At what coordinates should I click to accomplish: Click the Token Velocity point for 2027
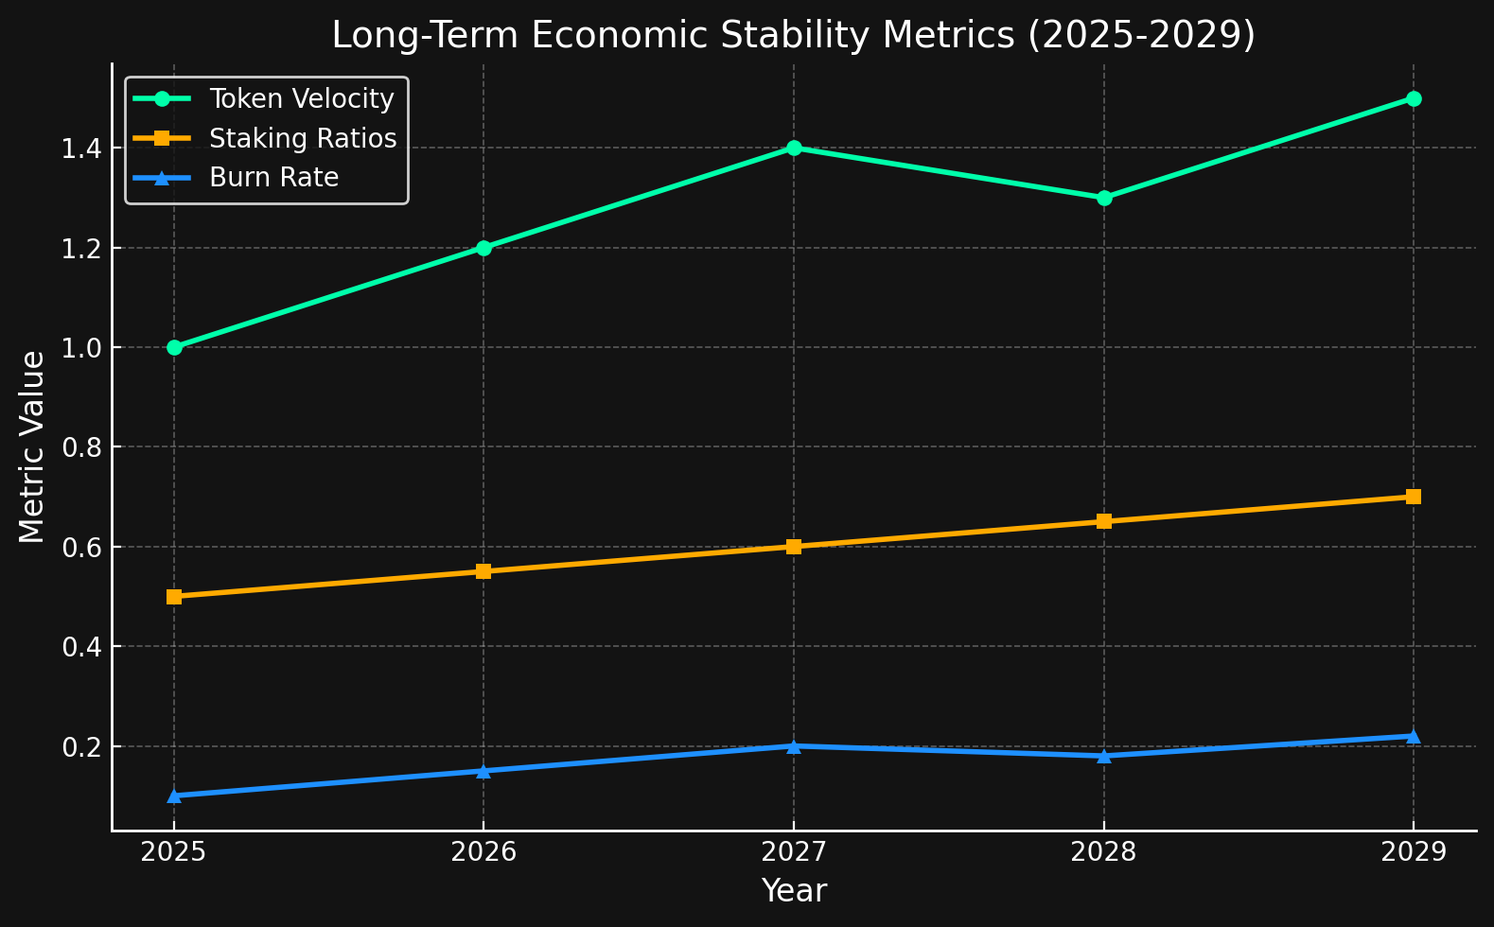(794, 148)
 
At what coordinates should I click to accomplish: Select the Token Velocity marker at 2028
(1104, 198)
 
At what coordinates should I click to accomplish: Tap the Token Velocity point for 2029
(1414, 98)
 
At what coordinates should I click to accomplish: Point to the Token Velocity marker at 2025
(174, 347)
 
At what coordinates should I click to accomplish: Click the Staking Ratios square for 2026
(483, 571)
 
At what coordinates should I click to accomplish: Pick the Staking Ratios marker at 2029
(1414, 497)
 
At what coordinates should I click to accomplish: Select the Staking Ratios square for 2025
(174, 597)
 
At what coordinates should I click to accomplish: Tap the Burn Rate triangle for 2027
(794, 745)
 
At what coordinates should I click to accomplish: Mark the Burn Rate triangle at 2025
(174, 796)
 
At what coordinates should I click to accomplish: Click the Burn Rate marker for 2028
(1104, 755)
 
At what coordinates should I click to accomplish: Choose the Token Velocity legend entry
(301, 99)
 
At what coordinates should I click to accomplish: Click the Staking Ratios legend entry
(302, 139)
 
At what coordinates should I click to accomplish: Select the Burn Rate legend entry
(273, 178)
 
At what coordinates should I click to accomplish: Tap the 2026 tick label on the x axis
(483, 853)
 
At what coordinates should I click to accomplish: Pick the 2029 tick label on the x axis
(1414, 853)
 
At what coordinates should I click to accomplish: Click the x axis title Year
(794, 891)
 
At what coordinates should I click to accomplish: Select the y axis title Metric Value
(32, 446)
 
